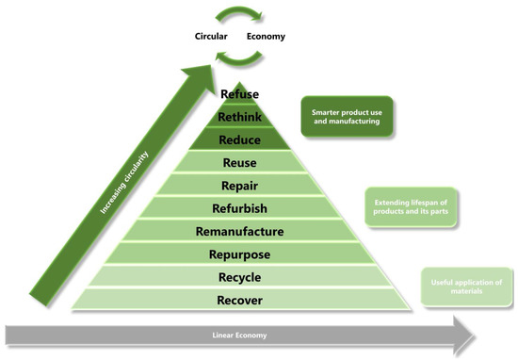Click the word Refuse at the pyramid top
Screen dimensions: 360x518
239,94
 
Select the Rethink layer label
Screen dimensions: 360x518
239,117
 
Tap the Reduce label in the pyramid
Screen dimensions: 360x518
239,139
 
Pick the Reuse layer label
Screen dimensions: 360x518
239,163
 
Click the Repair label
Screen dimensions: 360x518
239,186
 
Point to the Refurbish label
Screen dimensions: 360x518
239,208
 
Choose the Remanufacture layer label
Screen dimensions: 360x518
239,231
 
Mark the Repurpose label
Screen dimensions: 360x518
239,254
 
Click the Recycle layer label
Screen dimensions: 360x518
239,278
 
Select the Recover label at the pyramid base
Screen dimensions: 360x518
239,301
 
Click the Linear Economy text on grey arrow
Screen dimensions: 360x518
238,335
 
